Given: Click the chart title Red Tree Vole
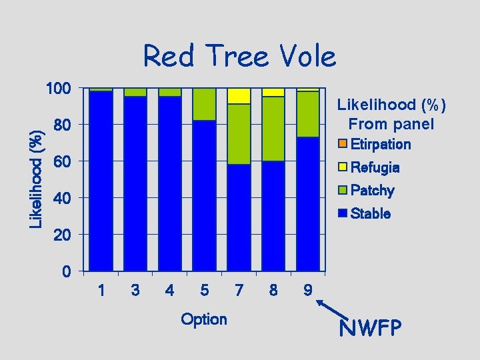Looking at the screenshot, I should pos(239,56).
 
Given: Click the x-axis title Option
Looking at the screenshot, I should pos(204,319).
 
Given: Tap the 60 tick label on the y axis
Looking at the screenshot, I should pos(62,161).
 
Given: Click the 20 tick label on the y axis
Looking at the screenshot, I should pos(62,235).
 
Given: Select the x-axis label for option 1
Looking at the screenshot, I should pos(101,291).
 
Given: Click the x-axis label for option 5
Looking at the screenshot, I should pos(204,291).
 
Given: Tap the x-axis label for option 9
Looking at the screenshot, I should pos(307,291).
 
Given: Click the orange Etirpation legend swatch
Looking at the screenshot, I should pos(342,144).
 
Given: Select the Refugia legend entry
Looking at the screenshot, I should pos(373,167).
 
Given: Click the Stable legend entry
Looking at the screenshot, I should pos(370,214).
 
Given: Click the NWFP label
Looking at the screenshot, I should pos(370,329).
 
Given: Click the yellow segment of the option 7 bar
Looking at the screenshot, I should pos(239,96).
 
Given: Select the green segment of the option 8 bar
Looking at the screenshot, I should pos(273,129).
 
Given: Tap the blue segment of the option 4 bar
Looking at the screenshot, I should pos(170,183).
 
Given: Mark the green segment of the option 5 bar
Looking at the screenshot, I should pos(204,104).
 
